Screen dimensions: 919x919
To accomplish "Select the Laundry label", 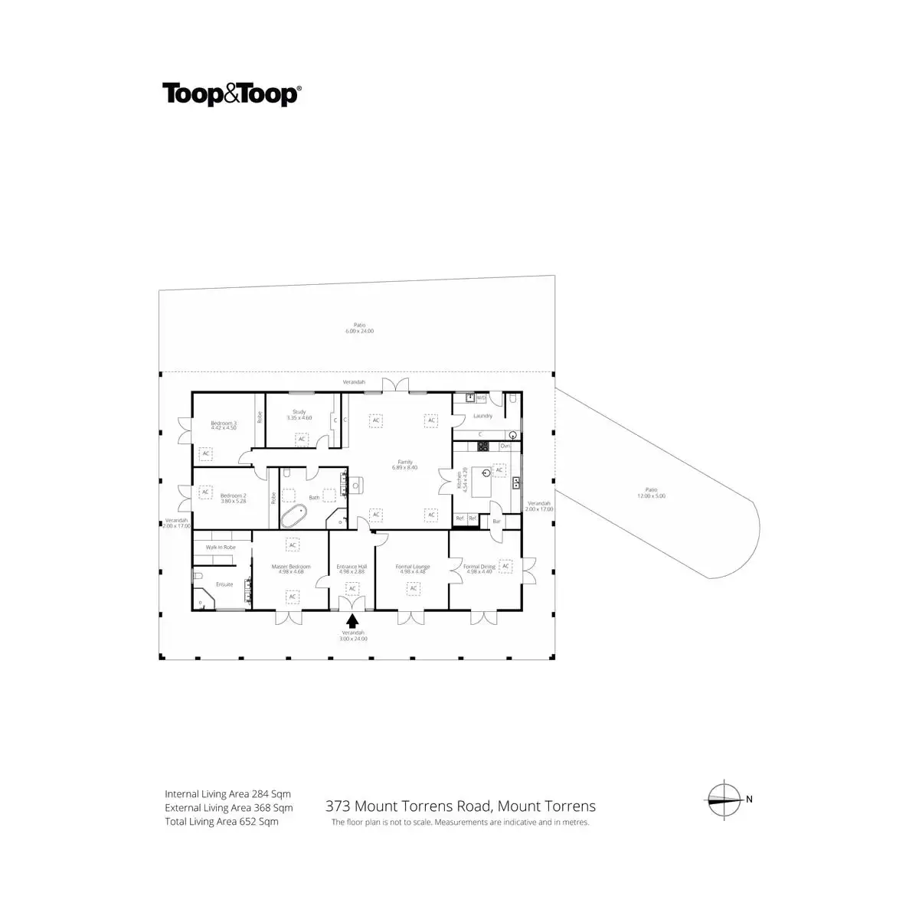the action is [x=482, y=416].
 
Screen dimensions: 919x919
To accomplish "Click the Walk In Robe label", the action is [x=221, y=548].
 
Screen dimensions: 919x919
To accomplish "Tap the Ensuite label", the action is [x=224, y=584].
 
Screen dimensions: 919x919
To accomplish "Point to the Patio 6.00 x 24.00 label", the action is [x=359, y=328].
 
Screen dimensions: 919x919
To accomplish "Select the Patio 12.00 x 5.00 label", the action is [x=651, y=492].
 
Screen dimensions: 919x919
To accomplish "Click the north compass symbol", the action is [x=724, y=799].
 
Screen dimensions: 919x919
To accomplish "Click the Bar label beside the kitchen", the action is [x=496, y=522].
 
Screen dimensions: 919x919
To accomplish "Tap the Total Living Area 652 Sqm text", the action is [x=221, y=822].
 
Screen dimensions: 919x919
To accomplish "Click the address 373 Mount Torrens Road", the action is [x=460, y=806].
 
